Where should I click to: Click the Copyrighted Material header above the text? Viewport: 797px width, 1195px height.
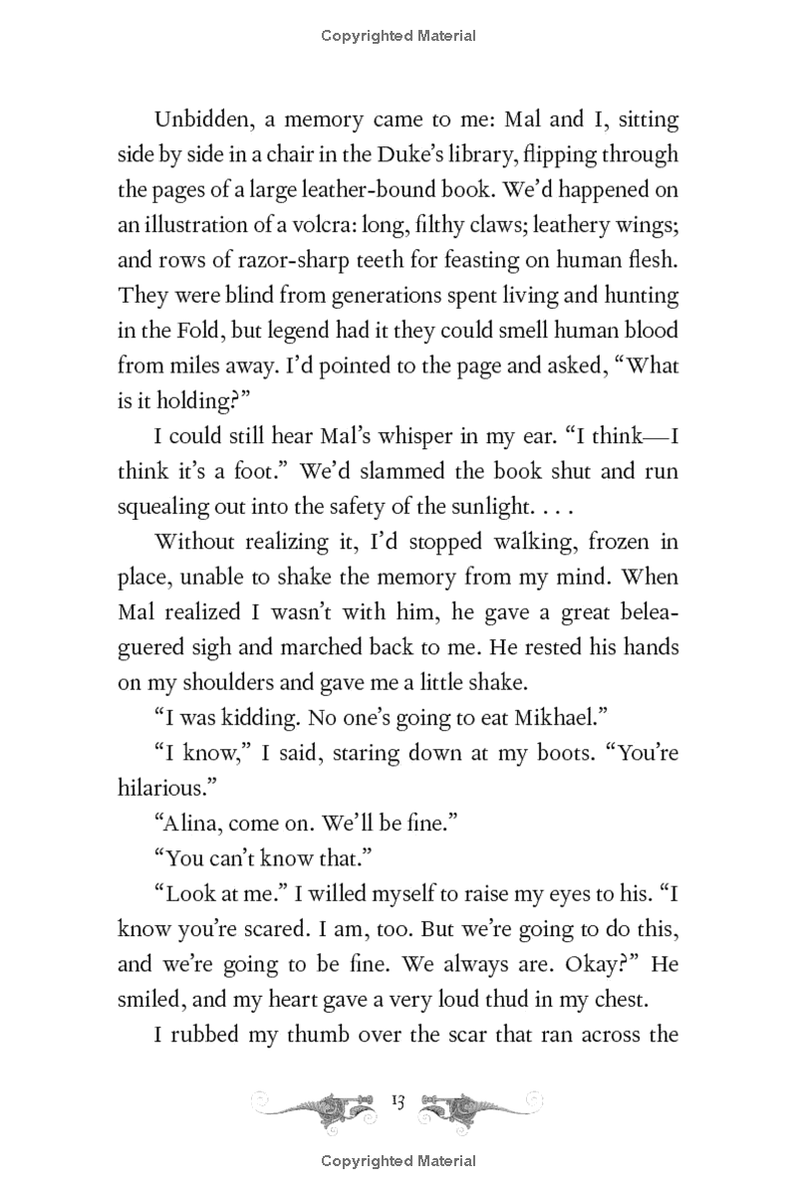click(398, 37)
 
